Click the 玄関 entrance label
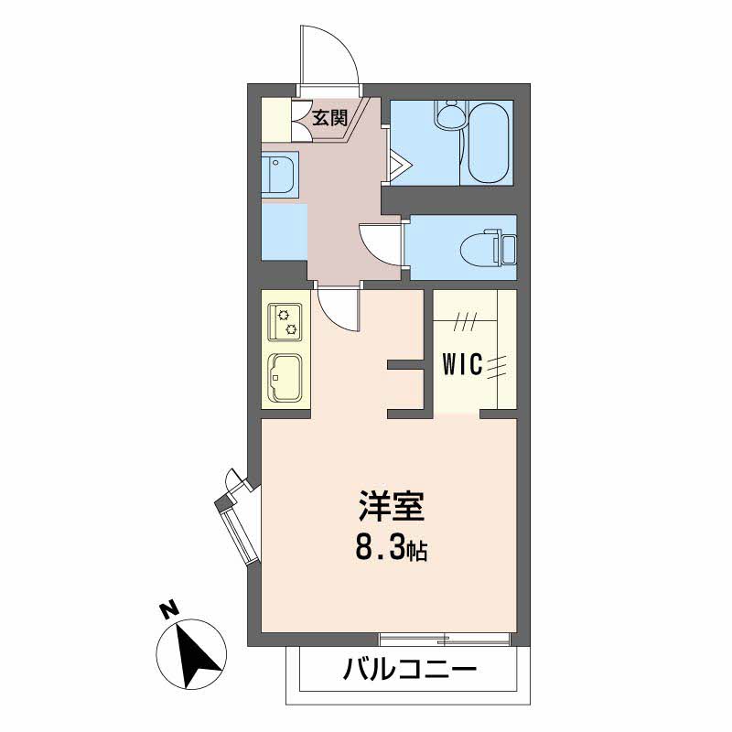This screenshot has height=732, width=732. (330, 118)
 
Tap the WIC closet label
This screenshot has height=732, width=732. (462, 364)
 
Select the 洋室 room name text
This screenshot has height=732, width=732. (392, 507)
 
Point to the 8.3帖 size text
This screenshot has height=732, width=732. (392, 550)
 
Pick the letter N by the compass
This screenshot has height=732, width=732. (169, 610)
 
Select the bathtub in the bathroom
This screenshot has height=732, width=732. (488, 143)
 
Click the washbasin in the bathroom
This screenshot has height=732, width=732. (449, 115)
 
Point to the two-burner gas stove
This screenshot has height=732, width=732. (285, 322)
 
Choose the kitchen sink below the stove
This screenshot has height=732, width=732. (285, 378)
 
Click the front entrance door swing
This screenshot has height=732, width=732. (329, 56)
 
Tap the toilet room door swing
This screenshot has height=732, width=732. (380, 244)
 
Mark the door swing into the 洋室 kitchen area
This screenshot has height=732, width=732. (338, 308)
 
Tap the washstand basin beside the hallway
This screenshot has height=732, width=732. (278, 174)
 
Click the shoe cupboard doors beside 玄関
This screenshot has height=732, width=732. (302, 120)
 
